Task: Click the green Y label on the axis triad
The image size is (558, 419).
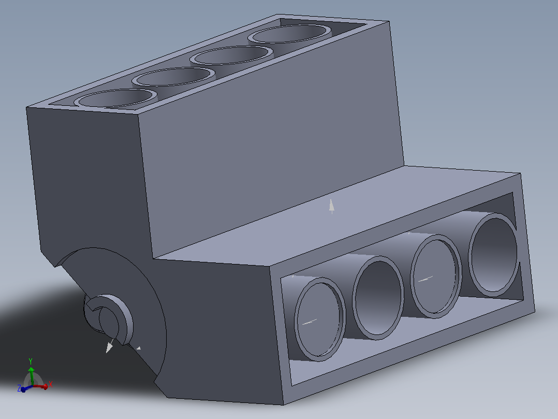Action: (x=31, y=361)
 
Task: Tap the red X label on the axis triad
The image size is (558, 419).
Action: (x=51, y=384)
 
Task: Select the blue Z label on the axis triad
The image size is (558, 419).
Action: (x=19, y=388)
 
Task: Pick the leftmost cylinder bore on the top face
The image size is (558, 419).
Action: (x=115, y=98)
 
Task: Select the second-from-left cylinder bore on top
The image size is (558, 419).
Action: (x=173, y=77)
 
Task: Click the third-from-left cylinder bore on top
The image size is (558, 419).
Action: (x=231, y=55)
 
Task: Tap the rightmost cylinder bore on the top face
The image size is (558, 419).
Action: (x=289, y=34)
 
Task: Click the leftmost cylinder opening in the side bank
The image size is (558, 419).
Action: (x=319, y=319)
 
